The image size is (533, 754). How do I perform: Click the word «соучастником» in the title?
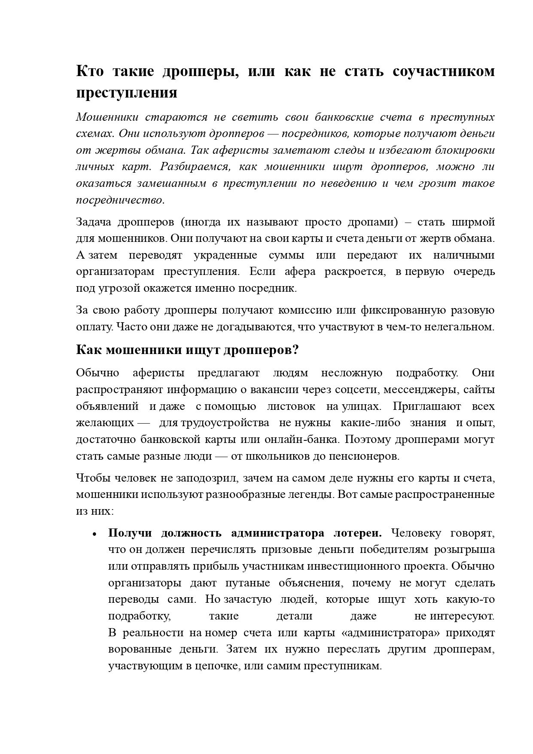[x=444, y=71]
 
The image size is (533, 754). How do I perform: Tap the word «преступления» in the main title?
[x=127, y=93]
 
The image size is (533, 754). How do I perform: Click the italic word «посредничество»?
[x=120, y=200]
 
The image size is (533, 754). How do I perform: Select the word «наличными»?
[x=464, y=255]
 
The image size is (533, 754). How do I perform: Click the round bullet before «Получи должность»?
[x=94, y=534]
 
